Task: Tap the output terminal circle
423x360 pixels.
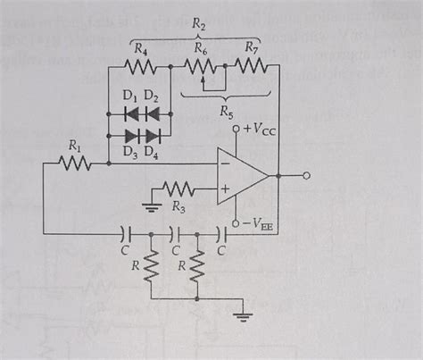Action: click(305, 176)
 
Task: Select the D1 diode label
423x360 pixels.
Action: click(129, 96)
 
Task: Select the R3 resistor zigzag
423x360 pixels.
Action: click(179, 189)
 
